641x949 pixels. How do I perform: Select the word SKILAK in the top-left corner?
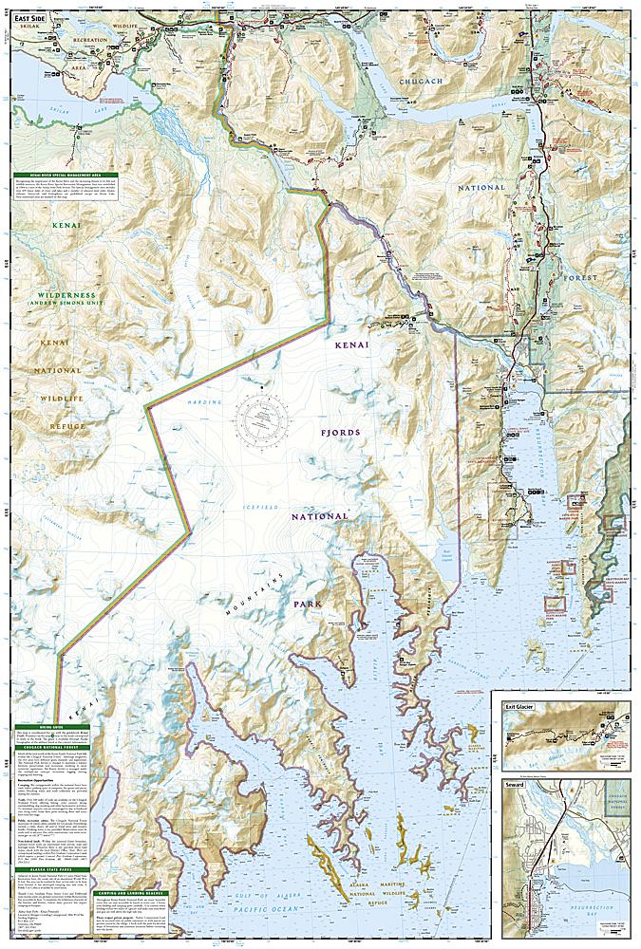pos(30,29)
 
